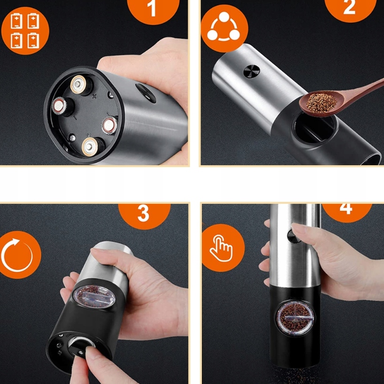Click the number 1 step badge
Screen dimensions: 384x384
[154, 10]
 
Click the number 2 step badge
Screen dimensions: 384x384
[350, 8]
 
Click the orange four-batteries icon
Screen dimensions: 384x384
[25, 31]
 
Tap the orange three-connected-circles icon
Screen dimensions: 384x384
[224, 29]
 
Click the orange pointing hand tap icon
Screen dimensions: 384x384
[223, 247]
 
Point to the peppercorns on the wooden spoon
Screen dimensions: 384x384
[321, 103]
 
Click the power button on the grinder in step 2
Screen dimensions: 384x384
[252, 72]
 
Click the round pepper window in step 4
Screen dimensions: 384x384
[296, 318]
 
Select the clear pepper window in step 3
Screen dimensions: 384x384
[94, 297]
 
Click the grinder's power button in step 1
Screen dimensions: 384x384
[146, 93]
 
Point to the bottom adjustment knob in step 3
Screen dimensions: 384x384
[80, 346]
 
